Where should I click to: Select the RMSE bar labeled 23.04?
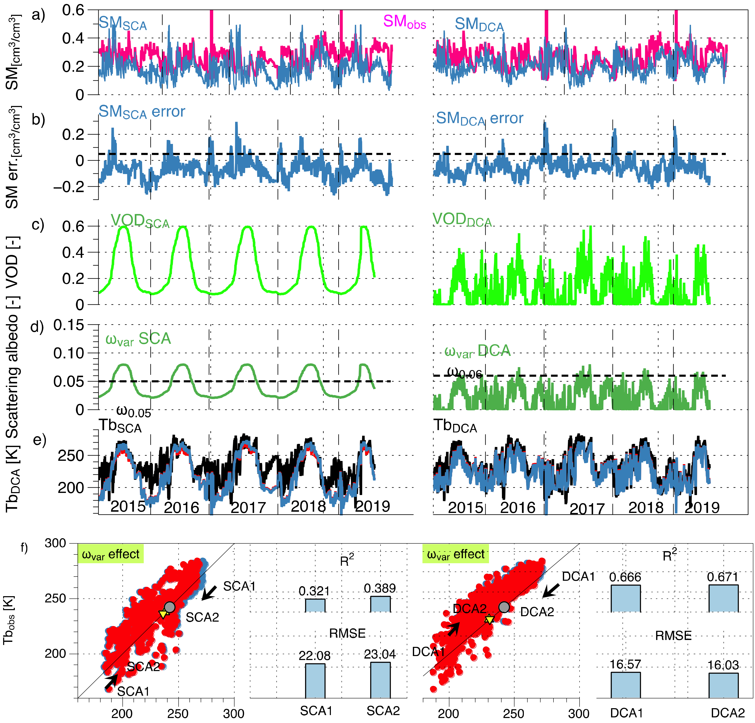[380, 680]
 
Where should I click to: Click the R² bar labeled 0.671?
[723, 598]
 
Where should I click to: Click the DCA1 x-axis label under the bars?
[626, 713]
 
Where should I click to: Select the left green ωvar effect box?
[111, 554]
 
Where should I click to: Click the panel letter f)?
[24, 547]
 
